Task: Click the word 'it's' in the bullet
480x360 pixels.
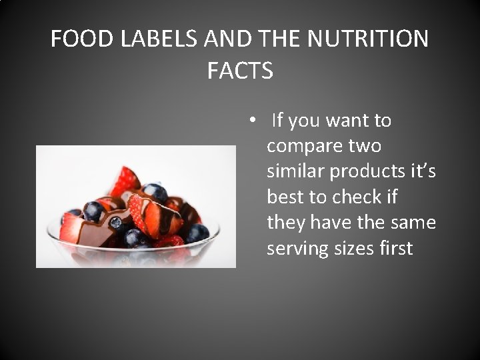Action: (x=423, y=171)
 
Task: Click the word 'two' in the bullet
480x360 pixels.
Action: (x=366, y=146)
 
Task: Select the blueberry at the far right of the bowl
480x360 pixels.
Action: (x=197, y=233)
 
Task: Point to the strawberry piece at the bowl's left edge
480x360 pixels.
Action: (x=69, y=229)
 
